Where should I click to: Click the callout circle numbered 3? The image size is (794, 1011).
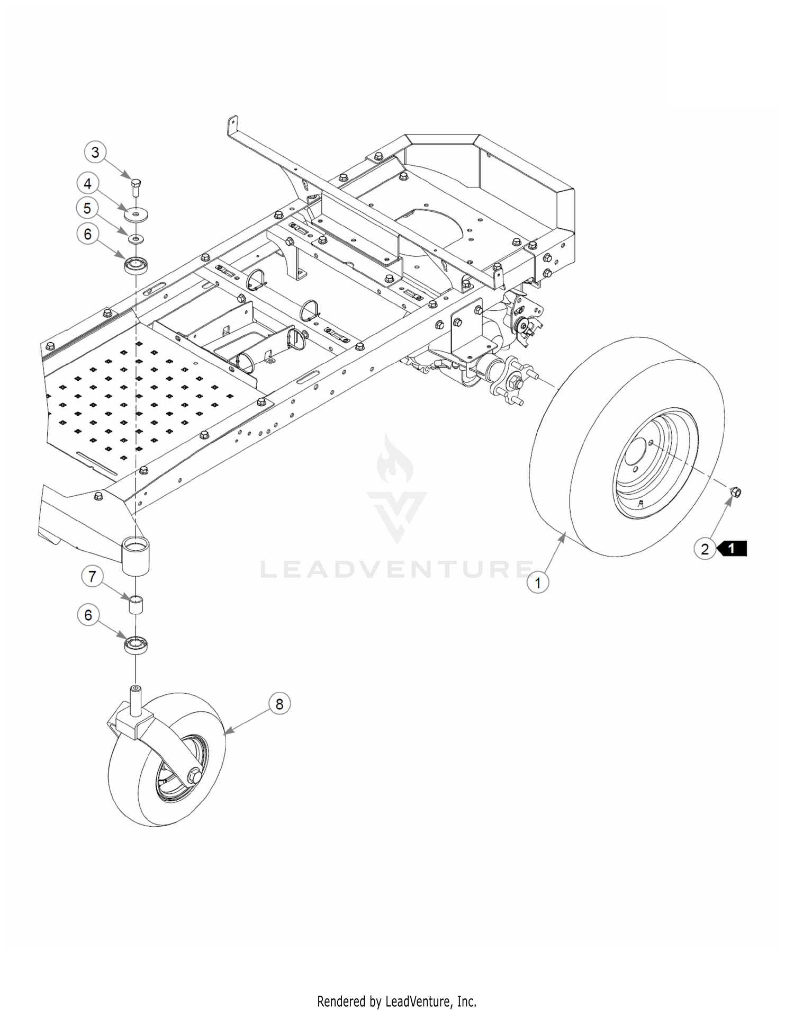click(x=95, y=153)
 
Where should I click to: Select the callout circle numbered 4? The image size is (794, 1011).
click(x=88, y=183)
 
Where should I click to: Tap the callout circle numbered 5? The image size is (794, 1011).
click(x=87, y=208)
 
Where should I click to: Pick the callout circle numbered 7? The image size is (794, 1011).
click(x=93, y=576)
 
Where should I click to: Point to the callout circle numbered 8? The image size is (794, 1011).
click(x=279, y=704)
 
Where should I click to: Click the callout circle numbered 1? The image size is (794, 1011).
click(x=538, y=583)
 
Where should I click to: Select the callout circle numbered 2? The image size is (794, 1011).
click(x=705, y=549)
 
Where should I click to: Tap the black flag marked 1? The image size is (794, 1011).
click(x=732, y=549)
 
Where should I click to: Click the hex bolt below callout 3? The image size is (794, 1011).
click(x=136, y=188)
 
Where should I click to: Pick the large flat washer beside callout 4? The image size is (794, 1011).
click(x=136, y=214)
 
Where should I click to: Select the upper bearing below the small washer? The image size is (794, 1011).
click(x=136, y=265)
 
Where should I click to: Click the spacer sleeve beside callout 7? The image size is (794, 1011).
click(x=136, y=605)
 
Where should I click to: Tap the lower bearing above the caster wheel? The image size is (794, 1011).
click(x=136, y=646)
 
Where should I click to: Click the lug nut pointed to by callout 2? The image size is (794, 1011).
click(x=735, y=492)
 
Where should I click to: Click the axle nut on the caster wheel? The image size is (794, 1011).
click(x=194, y=776)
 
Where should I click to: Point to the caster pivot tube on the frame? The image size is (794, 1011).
click(x=136, y=554)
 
